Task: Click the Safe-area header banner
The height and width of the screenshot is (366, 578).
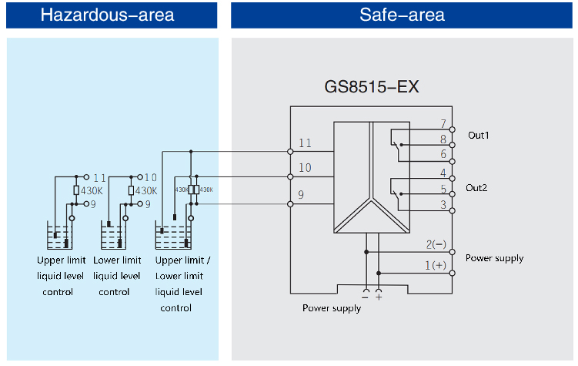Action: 402,15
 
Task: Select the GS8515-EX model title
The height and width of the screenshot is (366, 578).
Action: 372,86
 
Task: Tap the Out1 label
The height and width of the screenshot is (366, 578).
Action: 478,135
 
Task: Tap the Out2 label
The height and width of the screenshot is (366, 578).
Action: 478,187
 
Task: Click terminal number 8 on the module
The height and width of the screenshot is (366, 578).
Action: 443,139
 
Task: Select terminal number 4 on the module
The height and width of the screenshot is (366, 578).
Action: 443,173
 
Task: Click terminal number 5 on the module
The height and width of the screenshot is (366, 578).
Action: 443,188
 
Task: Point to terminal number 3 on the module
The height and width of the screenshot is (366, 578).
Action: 443,204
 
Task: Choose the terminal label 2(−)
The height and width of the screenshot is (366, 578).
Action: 436,245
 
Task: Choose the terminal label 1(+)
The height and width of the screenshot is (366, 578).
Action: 436,265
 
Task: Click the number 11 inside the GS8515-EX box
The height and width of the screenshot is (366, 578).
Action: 305,143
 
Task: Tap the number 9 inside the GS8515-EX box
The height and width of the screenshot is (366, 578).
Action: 301,196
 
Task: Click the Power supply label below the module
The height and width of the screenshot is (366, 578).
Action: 331,308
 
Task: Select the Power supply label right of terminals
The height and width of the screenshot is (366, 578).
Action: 494,258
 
